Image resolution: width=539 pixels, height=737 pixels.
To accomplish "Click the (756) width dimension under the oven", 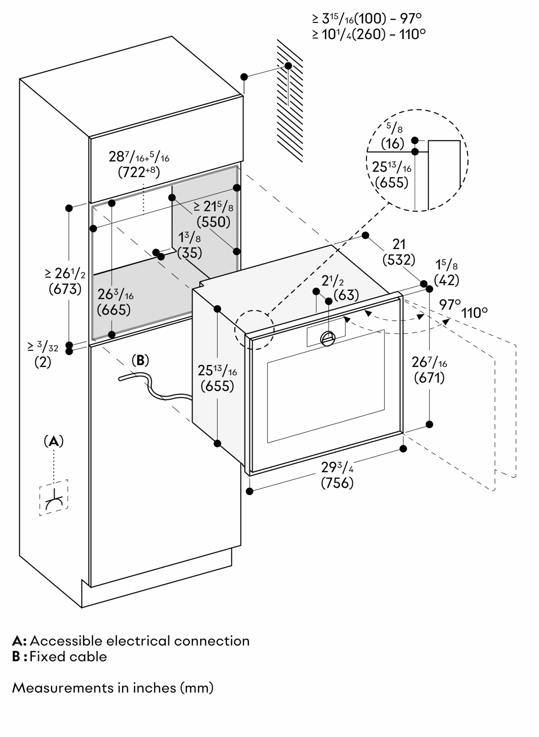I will tap(337, 483).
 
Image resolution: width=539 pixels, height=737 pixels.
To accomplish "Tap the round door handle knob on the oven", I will tap(328, 338).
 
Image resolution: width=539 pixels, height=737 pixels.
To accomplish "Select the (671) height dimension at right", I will tap(429, 378).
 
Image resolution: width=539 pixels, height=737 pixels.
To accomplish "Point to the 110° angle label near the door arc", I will tap(475, 313).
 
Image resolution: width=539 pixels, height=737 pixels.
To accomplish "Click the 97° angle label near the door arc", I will tap(450, 304).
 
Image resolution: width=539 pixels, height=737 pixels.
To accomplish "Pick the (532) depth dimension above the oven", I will tap(399, 260).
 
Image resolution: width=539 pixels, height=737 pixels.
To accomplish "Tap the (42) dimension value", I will tap(447, 280).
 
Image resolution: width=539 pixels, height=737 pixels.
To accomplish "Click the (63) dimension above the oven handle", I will tap(346, 295).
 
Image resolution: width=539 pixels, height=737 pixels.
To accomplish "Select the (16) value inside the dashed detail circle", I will tap(392, 143).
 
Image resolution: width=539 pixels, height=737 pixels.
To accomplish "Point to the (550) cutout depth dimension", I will tap(213, 222).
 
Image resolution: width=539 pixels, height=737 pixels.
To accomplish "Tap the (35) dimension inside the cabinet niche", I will tap(190, 253).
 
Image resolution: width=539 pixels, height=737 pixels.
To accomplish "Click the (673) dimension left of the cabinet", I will tap(65, 289).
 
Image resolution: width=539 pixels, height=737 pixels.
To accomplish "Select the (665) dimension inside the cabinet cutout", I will tap(114, 310).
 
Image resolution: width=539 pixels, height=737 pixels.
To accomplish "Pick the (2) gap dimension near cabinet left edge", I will tap(43, 362).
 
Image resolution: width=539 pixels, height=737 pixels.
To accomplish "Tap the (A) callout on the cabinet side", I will tap(54, 441).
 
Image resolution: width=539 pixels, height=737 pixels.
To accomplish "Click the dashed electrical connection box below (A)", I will tap(54, 497).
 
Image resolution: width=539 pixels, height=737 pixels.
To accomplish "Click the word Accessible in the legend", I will tap(66, 651).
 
